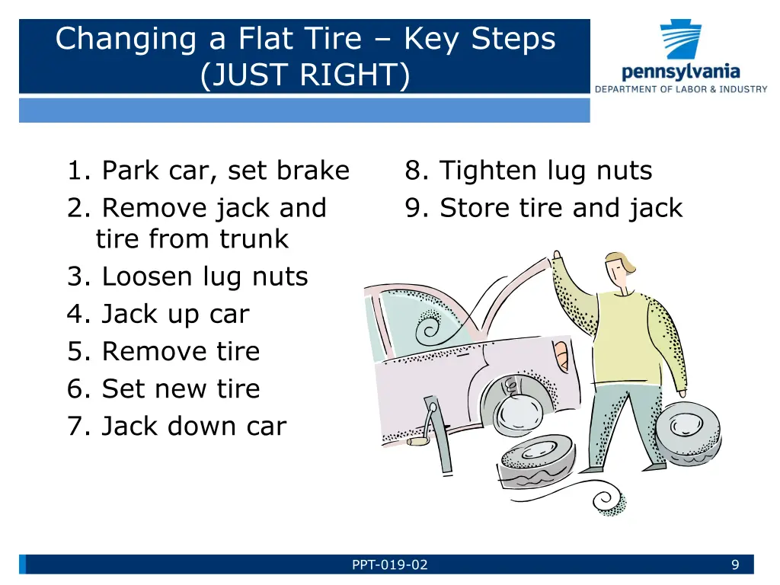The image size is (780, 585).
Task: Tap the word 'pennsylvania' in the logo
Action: point(680,72)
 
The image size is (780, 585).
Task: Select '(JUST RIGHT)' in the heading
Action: point(305,75)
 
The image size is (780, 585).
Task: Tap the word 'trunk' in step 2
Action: point(254,239)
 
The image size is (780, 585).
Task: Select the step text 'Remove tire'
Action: point(181,351)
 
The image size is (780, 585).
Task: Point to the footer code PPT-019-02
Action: point(389,564)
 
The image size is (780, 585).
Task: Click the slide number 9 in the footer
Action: point(735,564)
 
